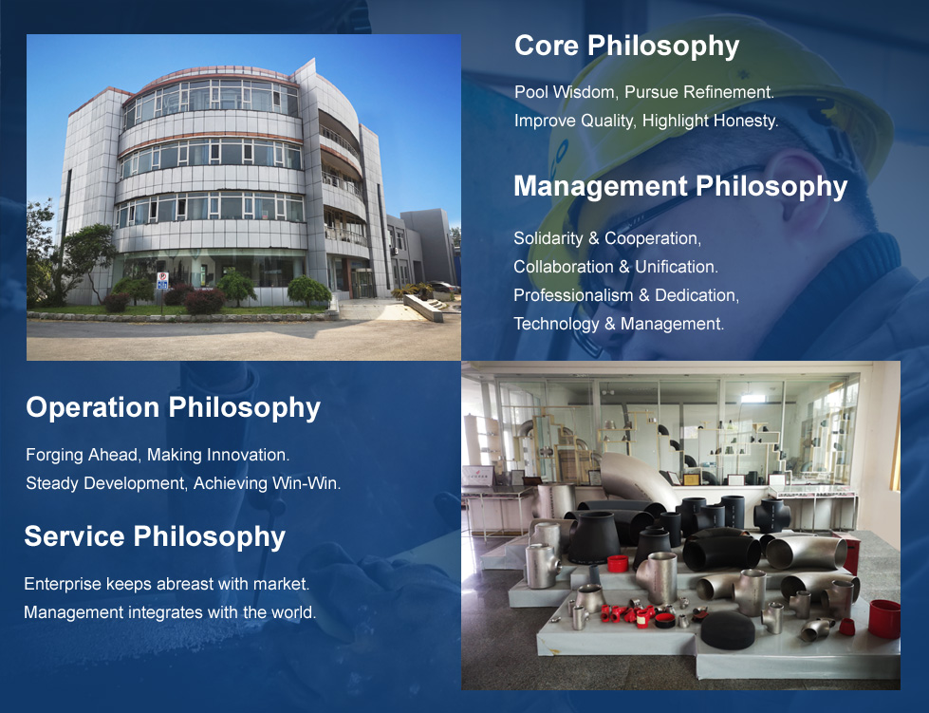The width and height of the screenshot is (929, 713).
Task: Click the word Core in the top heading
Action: click(547, 46)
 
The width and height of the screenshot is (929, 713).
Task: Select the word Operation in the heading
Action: click(92, 407)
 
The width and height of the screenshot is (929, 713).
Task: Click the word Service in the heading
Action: click(74, 536)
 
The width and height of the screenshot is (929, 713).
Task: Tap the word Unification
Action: click(677, 267)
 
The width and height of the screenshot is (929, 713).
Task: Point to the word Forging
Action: click(54, 455)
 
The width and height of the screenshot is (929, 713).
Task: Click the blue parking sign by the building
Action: click(162, 281)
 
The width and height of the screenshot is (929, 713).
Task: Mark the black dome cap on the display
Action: click(728, 629)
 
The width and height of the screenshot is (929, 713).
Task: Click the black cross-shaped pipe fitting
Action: click(771, 515)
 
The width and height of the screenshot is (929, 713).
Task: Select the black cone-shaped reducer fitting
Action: click(594, 537)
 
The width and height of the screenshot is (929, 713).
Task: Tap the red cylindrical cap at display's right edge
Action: click(884, 619)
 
